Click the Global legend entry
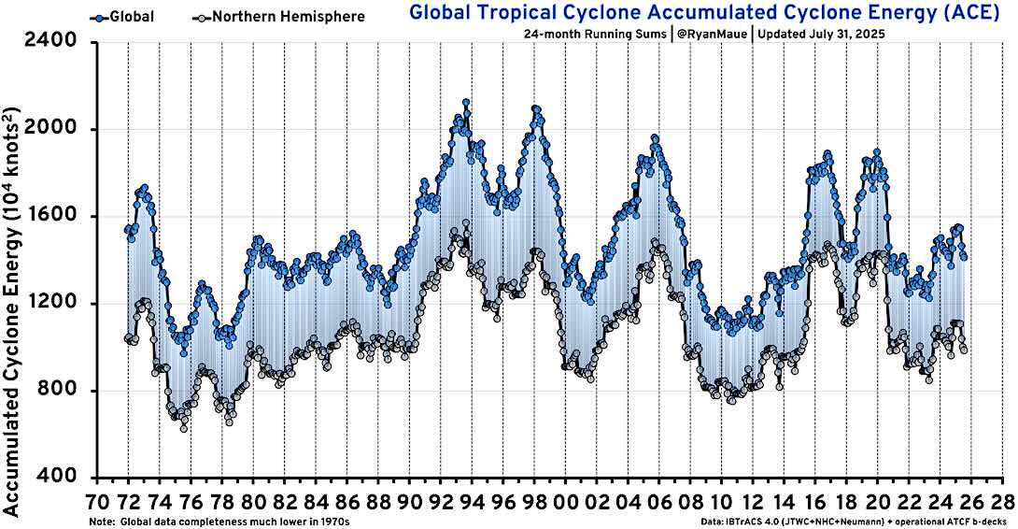coord(123,17)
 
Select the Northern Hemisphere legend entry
coord(278,17)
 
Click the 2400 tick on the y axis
coord(50,42)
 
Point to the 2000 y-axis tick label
coord(50,129)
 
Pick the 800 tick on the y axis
coord(61,391)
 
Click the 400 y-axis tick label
coord(61,478)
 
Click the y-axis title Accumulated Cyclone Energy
coord(12,311)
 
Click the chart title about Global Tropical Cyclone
coord(704,12)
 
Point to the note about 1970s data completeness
coord(219,522)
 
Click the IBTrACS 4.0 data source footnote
coord(854,522)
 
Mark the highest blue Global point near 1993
coord(465,102)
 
